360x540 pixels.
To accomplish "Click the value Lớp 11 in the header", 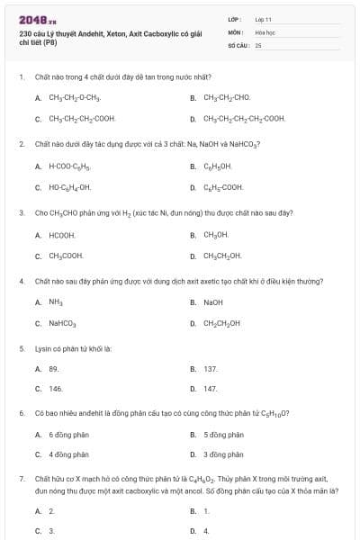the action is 263,18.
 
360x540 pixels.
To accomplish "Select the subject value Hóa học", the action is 265,31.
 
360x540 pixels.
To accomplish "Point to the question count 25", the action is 258,44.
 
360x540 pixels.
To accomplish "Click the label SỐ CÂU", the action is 237,44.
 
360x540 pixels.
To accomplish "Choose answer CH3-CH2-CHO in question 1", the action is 227,97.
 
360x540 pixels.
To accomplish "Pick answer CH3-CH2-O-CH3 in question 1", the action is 75,97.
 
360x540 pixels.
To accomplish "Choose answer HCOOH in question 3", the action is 60,235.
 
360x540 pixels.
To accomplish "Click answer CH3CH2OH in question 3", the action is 222,256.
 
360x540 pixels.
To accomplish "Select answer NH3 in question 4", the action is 56,302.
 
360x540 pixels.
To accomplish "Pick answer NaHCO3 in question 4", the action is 62,323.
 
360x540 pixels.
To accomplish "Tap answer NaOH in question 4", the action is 213,302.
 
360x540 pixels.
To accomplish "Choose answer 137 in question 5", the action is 211,368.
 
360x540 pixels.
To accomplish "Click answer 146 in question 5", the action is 56,389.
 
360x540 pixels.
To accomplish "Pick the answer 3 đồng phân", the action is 223,454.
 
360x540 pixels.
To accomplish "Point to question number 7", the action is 22,481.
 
